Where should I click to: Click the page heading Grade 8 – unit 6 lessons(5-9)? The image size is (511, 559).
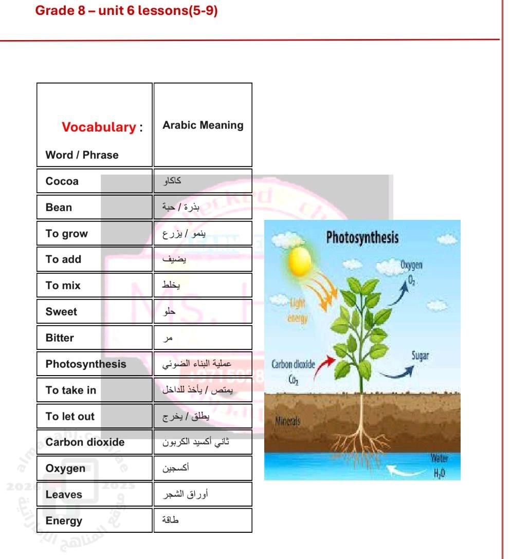click(126, 11)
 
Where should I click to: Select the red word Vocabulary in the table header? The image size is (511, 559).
click(98, 127)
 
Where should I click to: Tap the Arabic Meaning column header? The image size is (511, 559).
click(203, 125)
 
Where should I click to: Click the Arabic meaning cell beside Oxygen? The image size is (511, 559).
click(203, 469)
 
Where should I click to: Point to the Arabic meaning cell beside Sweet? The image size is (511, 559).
click(203, 312)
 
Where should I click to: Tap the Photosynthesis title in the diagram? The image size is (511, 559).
click(362, 238)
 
